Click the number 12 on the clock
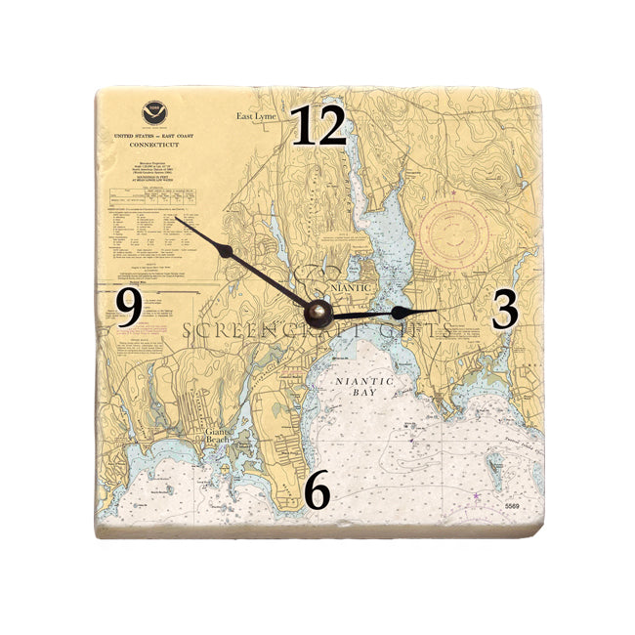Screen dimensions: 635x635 [x=318, y=127]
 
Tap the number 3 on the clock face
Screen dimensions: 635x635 [x=504, y=310]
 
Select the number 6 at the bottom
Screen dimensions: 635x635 [x=317, y=491]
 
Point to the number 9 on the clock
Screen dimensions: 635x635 [x=129, y=309]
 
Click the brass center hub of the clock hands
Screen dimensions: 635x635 [x=318, y=313]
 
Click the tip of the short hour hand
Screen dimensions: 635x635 [x=436, y=312]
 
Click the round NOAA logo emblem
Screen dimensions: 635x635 [x=153, y=112]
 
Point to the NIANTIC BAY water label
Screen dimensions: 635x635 [x=363, y=387]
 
